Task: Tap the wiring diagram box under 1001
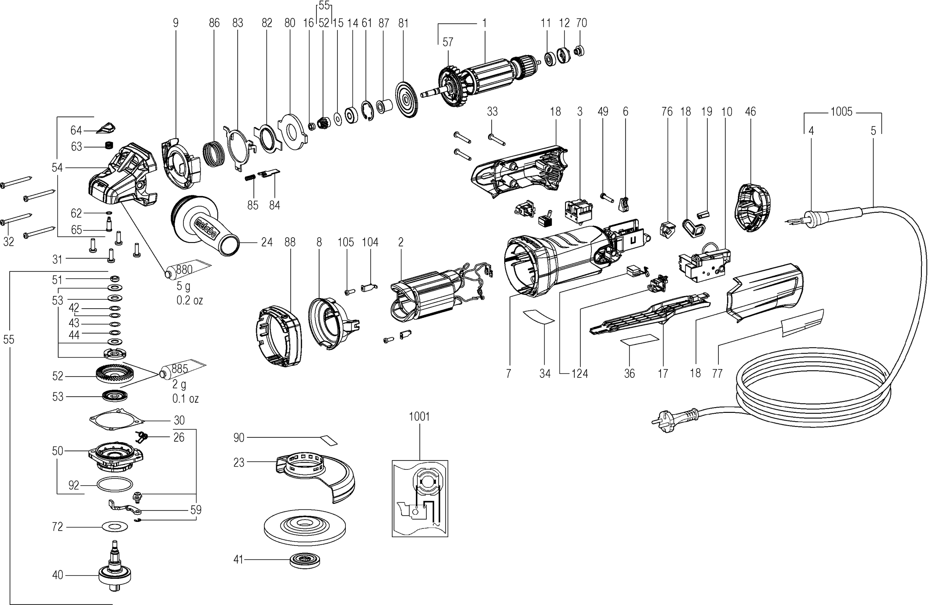click(419, 498)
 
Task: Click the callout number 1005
click(841, 112)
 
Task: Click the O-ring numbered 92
click(114, 485)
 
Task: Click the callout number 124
click(580, 373)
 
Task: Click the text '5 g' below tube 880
click(183, 287)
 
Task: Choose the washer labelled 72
click(114, 527)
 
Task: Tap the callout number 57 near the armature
click(448, 42)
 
